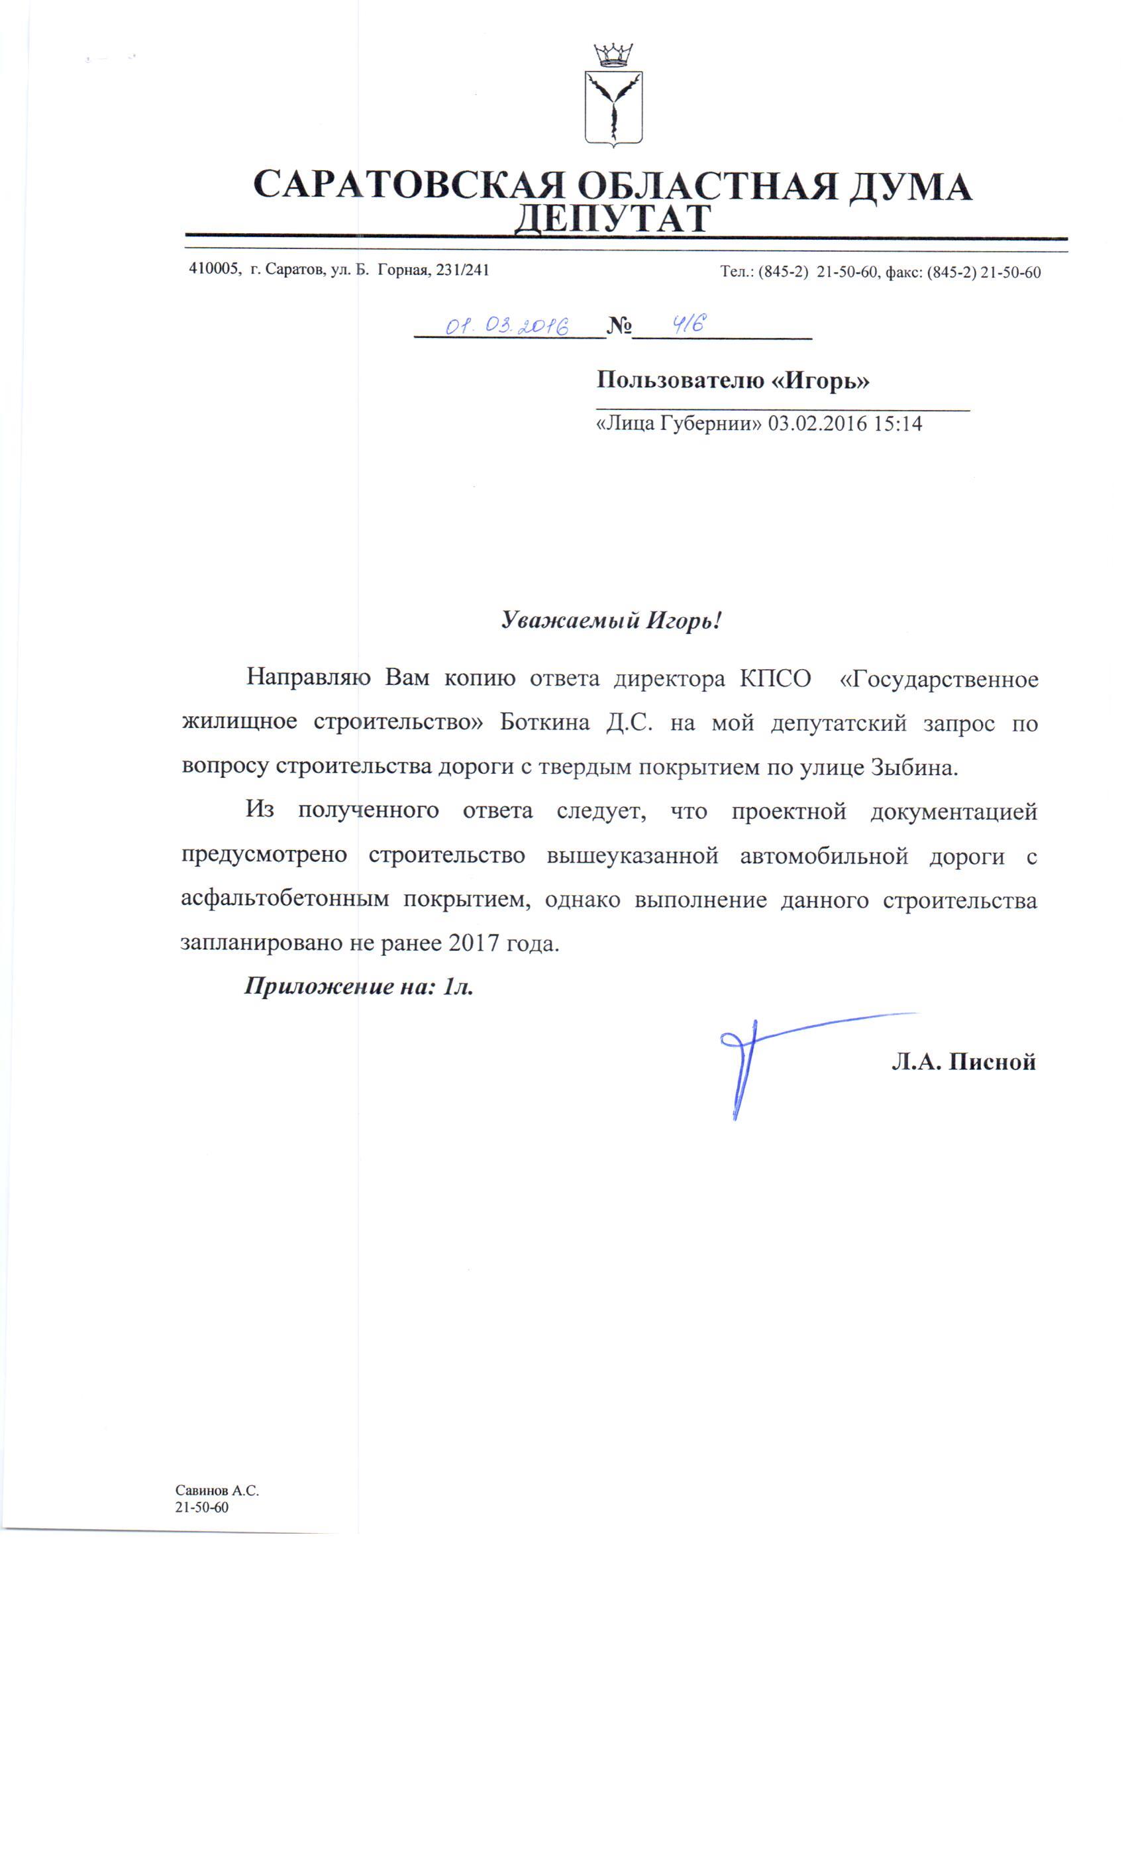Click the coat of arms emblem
[613, 107]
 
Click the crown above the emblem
[613, 54]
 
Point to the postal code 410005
[215, 270]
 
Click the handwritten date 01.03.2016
[506, 325]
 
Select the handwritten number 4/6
[689, 324]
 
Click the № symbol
[619, 326]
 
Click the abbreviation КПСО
[775, 678]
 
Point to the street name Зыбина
[915, 767]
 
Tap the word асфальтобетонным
[285, 900]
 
